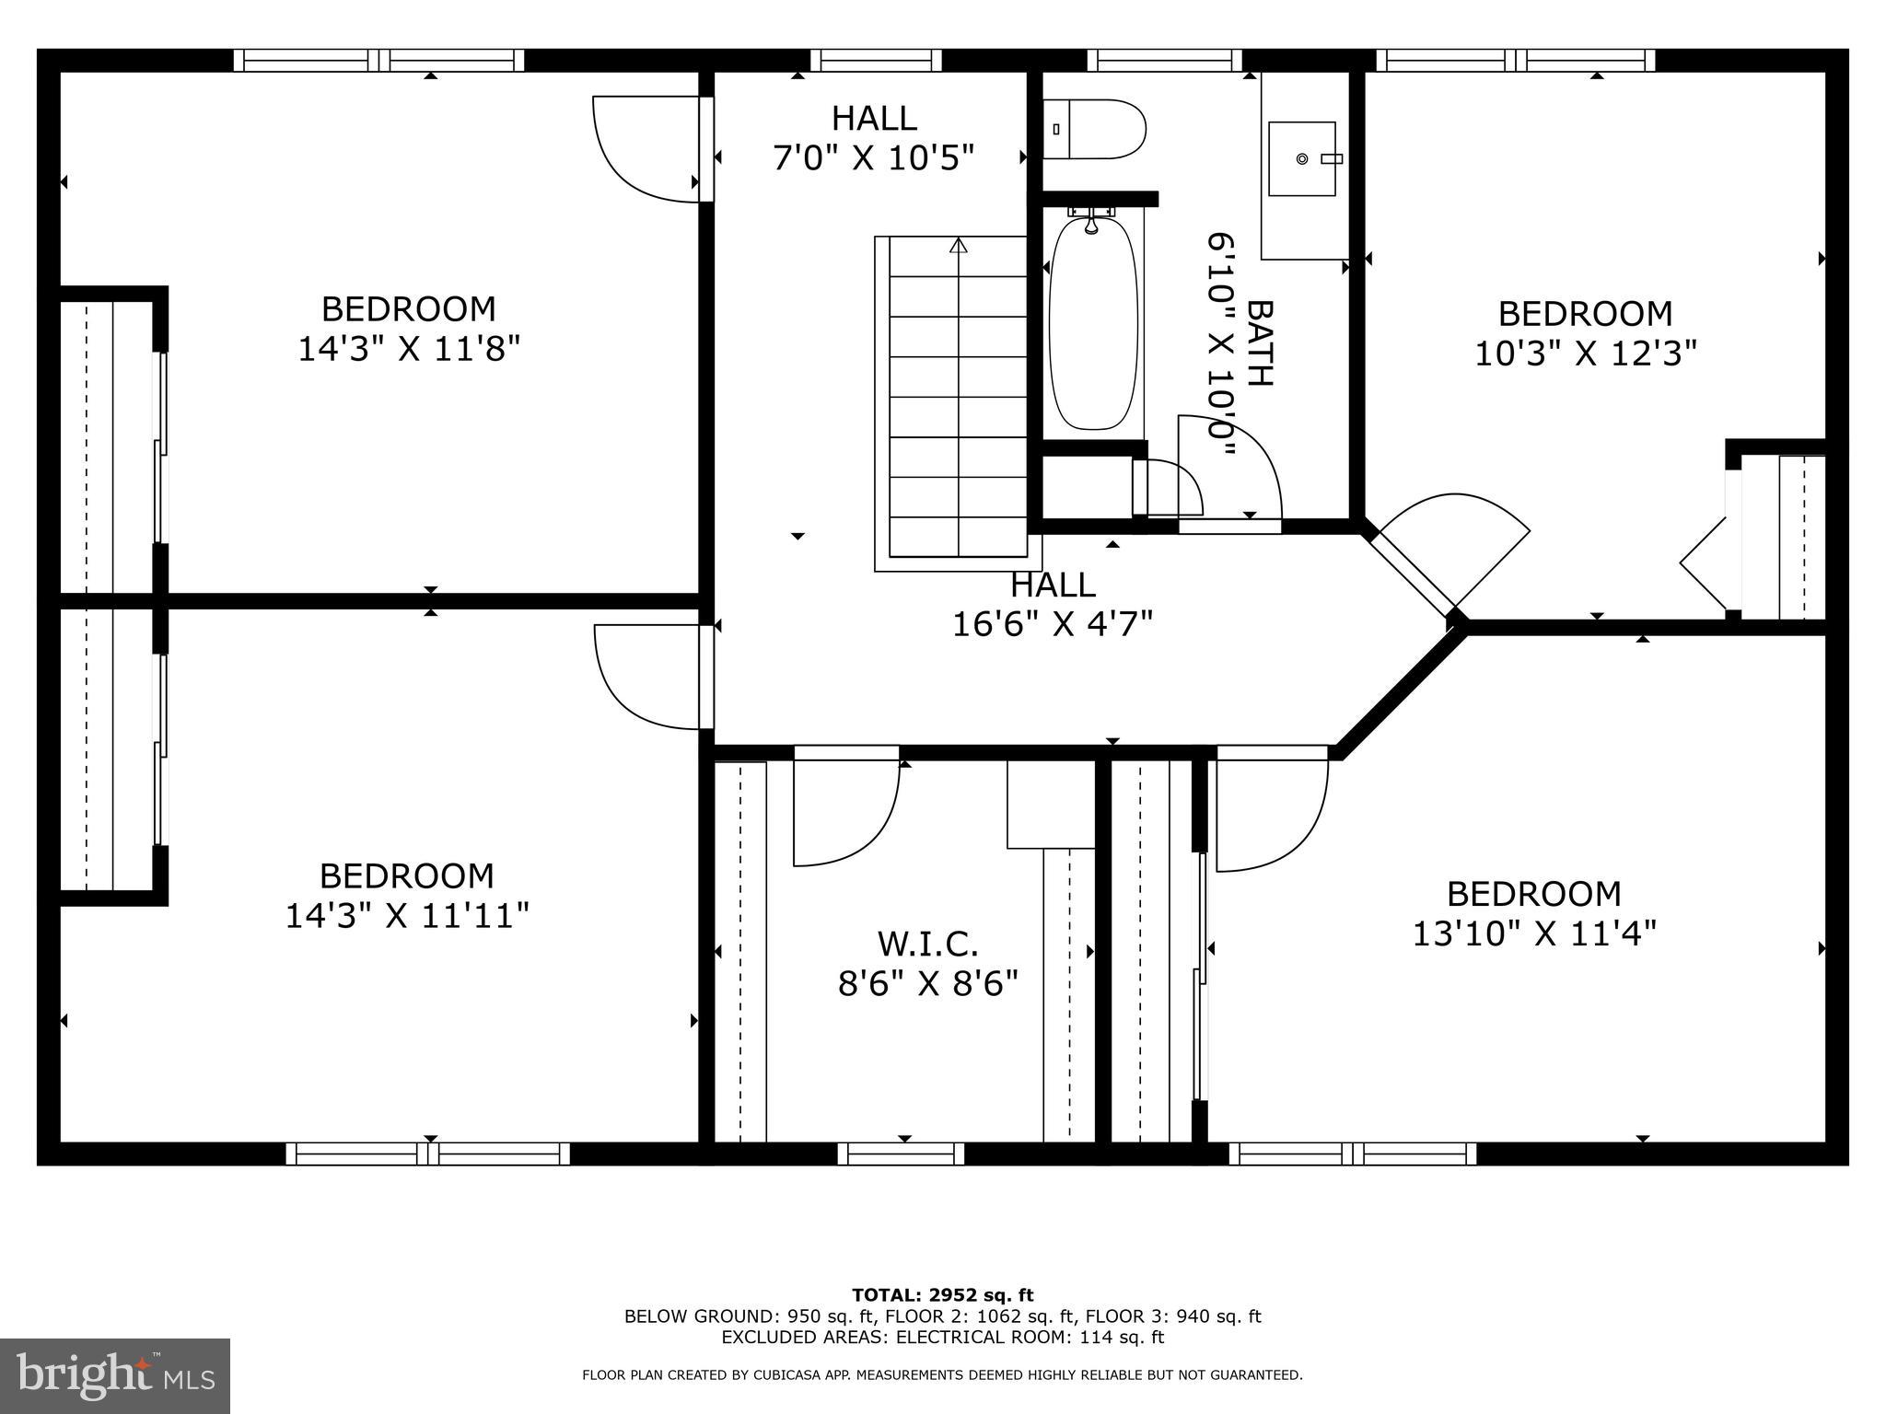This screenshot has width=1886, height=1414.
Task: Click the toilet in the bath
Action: click(1096, 130)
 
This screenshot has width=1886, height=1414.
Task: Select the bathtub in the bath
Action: click(1093, 323)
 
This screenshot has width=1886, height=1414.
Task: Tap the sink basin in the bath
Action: click(1301, 159)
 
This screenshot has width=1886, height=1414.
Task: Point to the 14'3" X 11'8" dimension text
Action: click(409, 350)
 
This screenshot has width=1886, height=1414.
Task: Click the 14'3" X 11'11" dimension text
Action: click(407, 916)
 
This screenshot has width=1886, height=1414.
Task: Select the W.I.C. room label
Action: click(927, 944)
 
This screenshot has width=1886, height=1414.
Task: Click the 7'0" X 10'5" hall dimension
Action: click(873, 158)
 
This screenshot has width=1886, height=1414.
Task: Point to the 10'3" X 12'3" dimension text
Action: click(1586, 353)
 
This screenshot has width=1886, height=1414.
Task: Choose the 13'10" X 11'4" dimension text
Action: click(1534, 934)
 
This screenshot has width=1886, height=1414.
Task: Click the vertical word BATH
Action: click(1259, 342)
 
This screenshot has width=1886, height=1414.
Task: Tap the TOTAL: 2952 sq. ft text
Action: click(942, 1295)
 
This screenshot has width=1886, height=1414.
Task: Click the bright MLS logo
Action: click(115, 1376)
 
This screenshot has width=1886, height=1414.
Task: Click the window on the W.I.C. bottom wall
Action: click(901, 1153)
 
